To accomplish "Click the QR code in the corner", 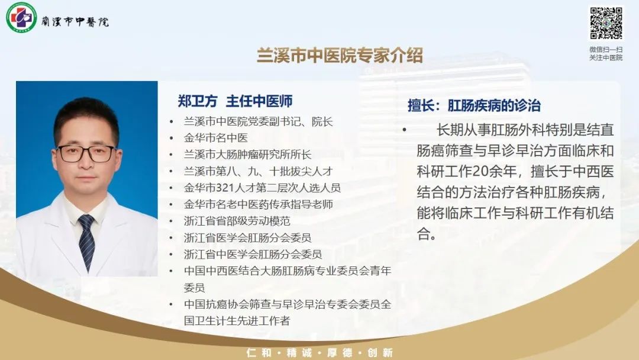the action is click(x=606, y=23).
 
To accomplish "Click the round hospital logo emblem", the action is click(x=21, y=17).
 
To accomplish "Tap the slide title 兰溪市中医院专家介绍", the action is click(x=340, y=56).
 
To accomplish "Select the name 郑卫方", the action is click(x=197, y=101).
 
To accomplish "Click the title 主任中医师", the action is click(x=259, y=101).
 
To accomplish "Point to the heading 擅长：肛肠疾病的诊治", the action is click(x=474, y=105).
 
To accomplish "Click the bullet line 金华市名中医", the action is click(x=215, y=138).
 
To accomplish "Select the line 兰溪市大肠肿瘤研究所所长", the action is click(x=247, y=155).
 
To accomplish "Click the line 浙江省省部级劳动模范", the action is click(x=237, y=221).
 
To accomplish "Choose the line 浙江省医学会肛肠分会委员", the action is click(x=247, y=237).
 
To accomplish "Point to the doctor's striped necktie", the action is click(x=87, y=242).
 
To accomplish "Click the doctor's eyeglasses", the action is click(x=86, y=153).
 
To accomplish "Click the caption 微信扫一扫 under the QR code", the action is click(x=606, y=49).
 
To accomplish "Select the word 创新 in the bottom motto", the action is click(x=380, y=353).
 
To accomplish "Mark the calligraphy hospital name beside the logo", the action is click(x=75, y=21).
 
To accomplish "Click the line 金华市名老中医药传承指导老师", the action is click(x=259, y=204).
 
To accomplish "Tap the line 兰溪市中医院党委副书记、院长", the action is click(x=259, y=121).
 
